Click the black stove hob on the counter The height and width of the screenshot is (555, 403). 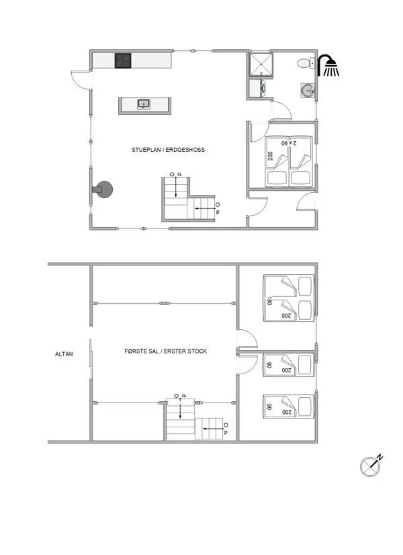[122, 61]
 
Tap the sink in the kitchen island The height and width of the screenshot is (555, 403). [143, 104]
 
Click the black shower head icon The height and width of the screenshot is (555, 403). [328, 66]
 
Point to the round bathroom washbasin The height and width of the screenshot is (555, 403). [308, 89]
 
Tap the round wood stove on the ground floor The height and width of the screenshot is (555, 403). [105, 190]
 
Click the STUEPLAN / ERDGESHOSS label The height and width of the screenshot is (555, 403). [169, 150]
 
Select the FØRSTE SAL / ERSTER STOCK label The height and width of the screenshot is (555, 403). [166, 351]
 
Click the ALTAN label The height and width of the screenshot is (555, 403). [64, 353]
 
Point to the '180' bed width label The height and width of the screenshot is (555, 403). [269, 301]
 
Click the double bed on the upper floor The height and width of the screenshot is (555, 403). [289, 298]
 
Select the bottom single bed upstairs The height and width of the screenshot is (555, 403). [289, 406]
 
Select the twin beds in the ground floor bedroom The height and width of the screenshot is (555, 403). [289, 161]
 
